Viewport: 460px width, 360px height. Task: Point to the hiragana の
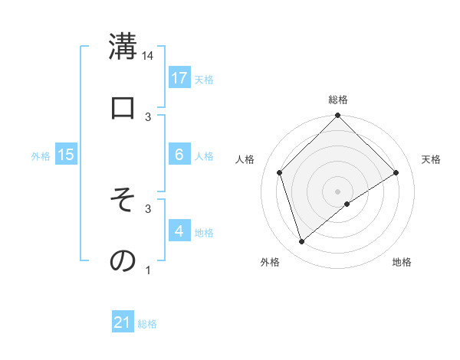(x=123, y=261)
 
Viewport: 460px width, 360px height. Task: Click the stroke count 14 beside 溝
(x=148, y=55)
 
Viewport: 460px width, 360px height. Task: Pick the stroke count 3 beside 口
(x=148, y=116)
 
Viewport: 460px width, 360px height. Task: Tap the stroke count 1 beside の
(x=148, y=270)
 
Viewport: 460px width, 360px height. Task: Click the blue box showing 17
(x=179, y=78)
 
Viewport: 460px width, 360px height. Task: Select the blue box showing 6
(x=179, y=155)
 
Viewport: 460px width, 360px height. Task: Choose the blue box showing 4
(x=179, y=231)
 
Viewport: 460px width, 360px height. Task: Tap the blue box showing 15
(x=66, y=155)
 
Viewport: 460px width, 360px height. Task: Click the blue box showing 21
(x=123, y=323)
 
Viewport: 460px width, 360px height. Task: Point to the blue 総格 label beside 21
(x=147, y=324)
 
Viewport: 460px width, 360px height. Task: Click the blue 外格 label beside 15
(x=41, y=155)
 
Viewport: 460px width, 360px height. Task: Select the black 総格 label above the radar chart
(x=338, y=100)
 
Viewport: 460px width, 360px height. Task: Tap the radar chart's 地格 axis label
(x=402, y=262)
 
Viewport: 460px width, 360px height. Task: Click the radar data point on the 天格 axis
(x=396, y=173)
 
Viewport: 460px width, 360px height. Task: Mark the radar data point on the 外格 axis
(x=302, y=242)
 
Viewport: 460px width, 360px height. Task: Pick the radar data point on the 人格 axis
(x=280, y=172)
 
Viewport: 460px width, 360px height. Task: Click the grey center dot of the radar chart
(x=338, y=191)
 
